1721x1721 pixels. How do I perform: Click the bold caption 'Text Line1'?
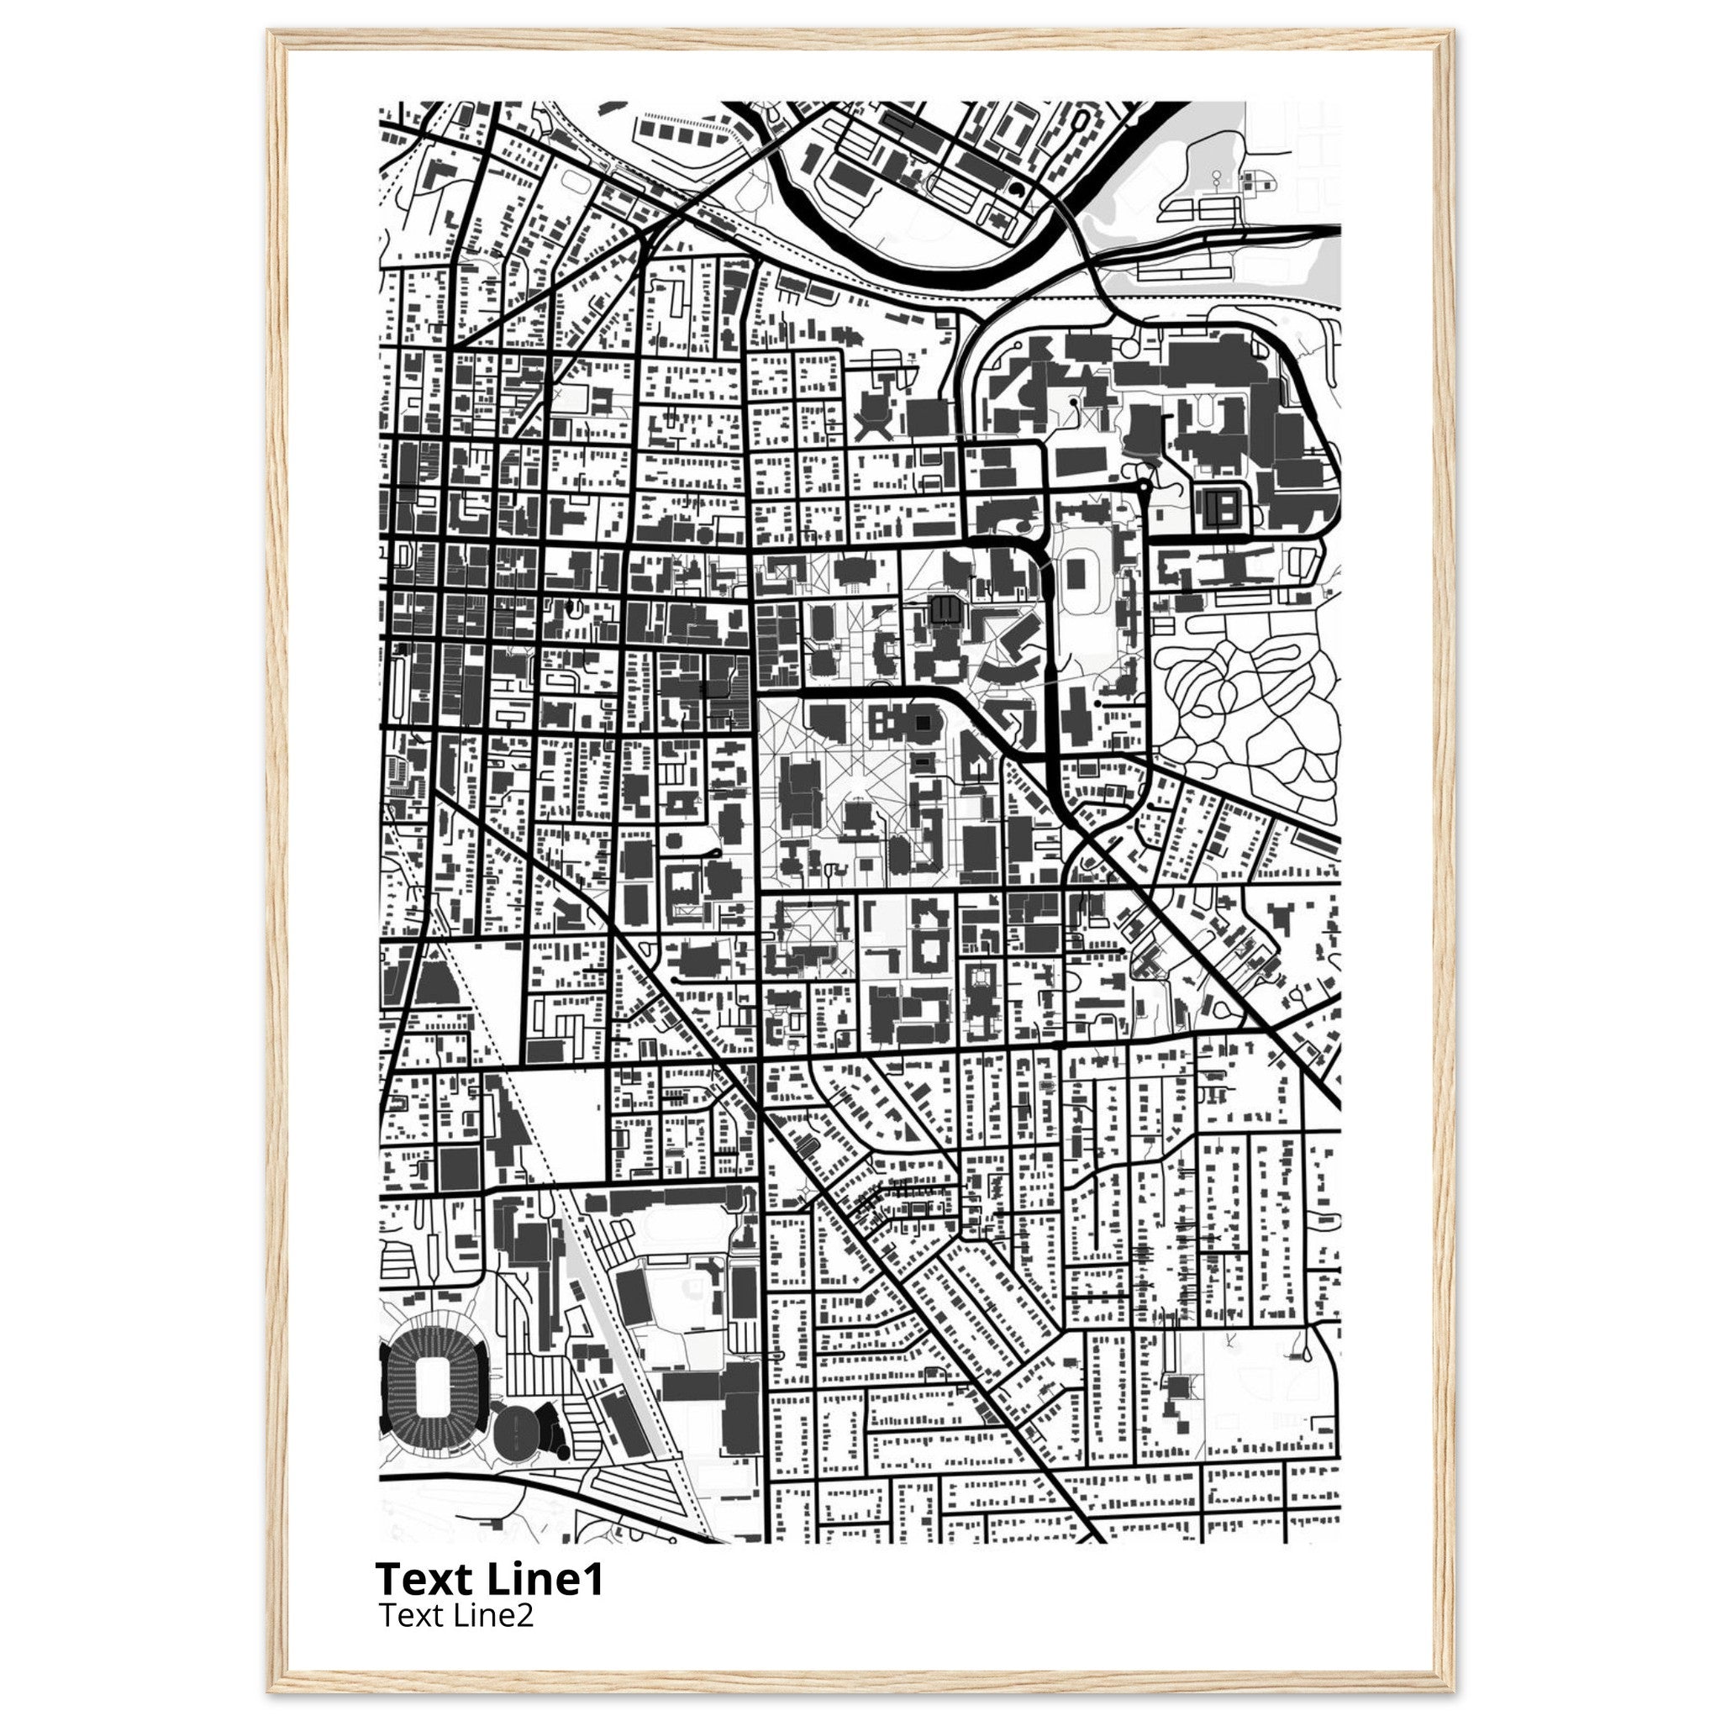coord(489,1579)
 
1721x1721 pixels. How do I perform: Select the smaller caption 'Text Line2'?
coord(456,1614)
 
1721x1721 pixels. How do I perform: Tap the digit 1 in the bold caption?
coord(593,1579)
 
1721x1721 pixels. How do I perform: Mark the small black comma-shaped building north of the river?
coord(1018,189)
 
